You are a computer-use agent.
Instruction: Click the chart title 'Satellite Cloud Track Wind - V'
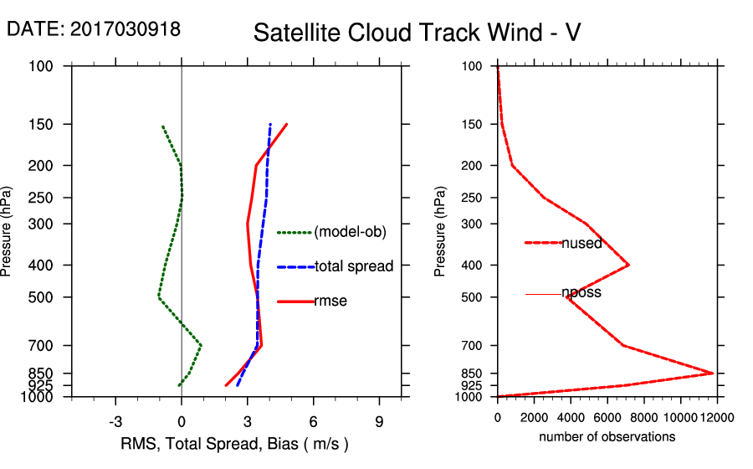tap(417, 33)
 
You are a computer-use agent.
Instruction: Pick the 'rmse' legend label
tap(330, 301)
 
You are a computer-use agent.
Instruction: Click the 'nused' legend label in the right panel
tap(581, 244)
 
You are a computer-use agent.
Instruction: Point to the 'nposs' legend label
tap(581, 293)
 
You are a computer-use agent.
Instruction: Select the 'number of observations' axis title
tap(607, 436)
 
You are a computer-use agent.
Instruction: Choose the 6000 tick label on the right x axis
tap(607, 417)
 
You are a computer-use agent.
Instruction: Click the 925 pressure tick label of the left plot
tap(42, 385)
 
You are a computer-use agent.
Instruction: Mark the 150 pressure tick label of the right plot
tap(473, 125)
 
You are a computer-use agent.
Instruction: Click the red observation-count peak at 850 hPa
tap(713, 373)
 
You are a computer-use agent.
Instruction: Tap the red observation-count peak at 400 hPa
tap(628, 265)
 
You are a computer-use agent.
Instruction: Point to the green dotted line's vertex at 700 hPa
tap(202, 344)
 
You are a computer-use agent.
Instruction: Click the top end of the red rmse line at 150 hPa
tap(287, 125)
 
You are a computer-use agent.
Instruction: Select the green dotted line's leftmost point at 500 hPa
tap(158, 296)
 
